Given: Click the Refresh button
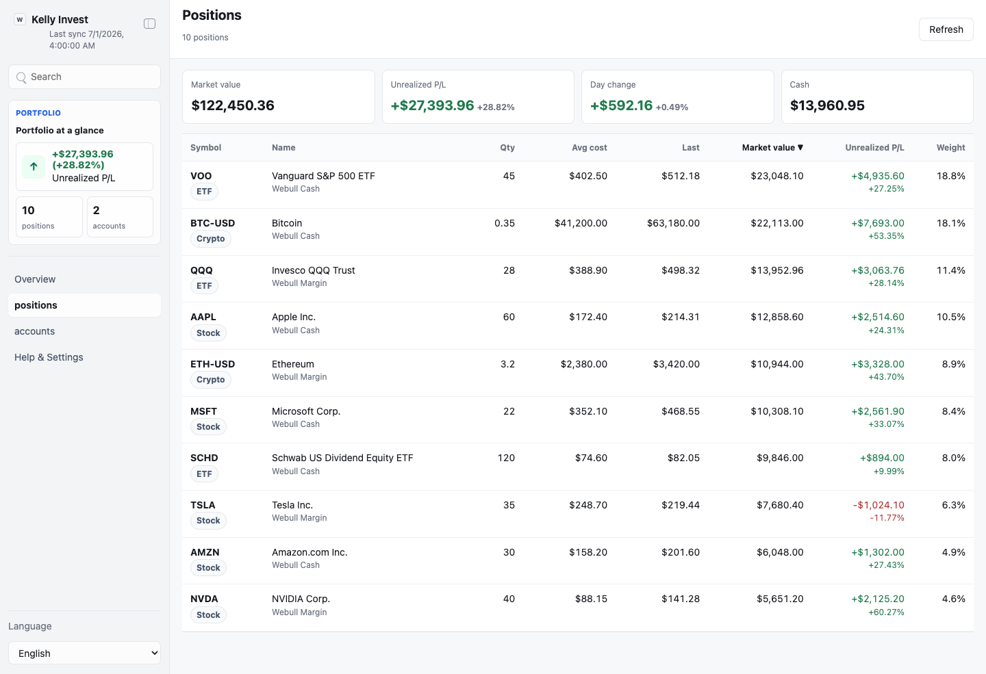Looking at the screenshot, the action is click(x=946, y=29).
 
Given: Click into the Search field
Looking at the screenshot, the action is click(x=84, y=77).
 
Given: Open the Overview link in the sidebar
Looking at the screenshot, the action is click(x=35, y=279).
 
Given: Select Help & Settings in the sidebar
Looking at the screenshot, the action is click(x=49, y=357).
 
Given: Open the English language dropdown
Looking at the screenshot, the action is click(x=84, y=653).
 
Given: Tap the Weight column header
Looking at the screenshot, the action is click(x=951, y=148).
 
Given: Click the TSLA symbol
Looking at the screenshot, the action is click(x=203, y=505).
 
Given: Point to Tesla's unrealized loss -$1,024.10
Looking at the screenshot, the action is click(x=878, y=505).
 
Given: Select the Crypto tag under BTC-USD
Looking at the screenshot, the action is click(x=210, y=238).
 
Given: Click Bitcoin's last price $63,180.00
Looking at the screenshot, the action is click(x=673, y=224).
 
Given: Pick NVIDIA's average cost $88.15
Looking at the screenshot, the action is click(x=591, y=599).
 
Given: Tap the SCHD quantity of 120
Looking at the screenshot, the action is click(x=506, y=458).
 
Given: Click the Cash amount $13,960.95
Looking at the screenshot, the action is click(x=827, y=105).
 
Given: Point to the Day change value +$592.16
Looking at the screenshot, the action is click(x=621, y=105).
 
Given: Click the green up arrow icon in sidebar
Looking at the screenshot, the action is click(x=34, y=167).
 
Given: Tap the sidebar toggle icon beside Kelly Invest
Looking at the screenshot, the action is click(x=150, y=24).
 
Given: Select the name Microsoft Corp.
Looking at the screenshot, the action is click(x=306, y=411).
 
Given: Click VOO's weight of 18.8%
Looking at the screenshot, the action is click(x=951, y=176).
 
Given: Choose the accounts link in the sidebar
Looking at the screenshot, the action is click(x=34, y=331).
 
